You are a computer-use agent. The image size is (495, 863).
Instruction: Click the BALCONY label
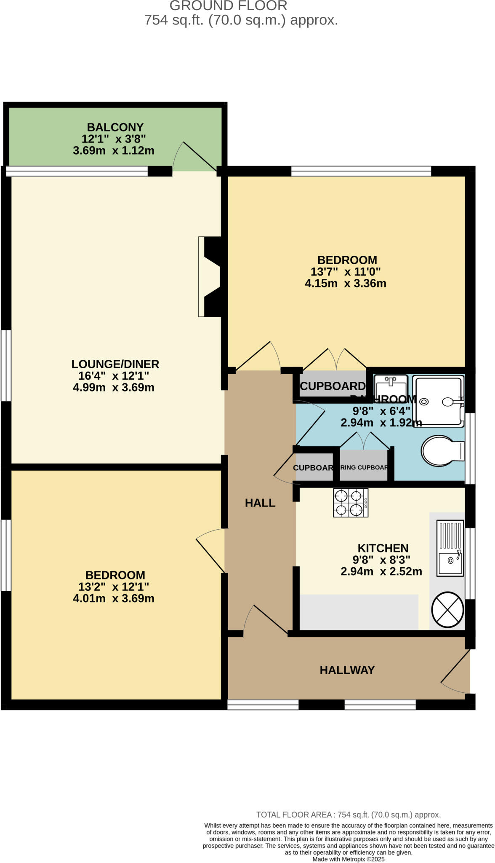tap(115, 127)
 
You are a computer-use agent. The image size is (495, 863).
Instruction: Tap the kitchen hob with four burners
tap(351, 503)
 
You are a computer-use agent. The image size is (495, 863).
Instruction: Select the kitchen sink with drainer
tap(450, 548)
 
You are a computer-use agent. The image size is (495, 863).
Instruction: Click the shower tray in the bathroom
tap(438, 401)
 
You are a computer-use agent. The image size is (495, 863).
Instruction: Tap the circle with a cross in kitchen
tap(447, 610)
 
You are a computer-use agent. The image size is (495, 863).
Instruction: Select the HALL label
tap(260, 503)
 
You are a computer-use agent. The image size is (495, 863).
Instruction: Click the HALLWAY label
tap(347, 670)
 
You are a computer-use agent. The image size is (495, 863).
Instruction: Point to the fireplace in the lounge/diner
tap(210, 276)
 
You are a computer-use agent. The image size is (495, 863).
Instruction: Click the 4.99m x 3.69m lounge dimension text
tap(114, 388)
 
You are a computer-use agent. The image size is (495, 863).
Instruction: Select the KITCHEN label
tap(383, 548)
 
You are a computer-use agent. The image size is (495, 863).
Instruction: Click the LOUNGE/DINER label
tap(115, 364)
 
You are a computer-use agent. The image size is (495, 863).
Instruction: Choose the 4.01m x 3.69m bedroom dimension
tap(114, 598)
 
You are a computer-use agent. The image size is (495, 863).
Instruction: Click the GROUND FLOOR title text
tap(229, 6)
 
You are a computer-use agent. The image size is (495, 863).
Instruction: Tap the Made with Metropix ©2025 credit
tap(348, 859)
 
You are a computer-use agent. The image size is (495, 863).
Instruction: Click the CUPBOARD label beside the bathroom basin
tap(333, 386)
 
